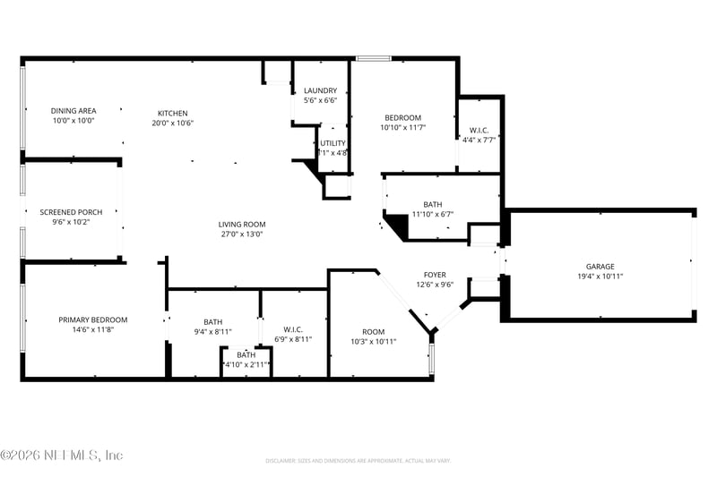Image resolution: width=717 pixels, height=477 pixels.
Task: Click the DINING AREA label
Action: [x=73, y=111]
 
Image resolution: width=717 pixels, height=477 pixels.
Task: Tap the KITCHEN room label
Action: [x=173, y=113]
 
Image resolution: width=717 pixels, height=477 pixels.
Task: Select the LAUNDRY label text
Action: [x=320, y=90]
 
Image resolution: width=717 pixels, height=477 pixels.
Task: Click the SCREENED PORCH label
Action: [x=71, y=212]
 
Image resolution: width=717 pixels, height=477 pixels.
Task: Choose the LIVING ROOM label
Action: [x=242, y=225]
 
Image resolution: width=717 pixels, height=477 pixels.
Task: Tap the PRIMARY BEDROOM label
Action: [x=92, y=319]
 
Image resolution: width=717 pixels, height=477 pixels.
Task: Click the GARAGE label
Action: [x=600, y=266]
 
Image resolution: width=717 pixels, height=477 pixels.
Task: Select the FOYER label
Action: [x=435, y=275]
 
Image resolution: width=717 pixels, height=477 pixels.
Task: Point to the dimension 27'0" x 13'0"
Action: [x=242, y=234]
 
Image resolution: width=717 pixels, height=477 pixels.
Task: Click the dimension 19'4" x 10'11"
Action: [x=600, y=276]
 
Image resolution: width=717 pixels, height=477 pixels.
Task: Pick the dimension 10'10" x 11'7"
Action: [x=402, y=128]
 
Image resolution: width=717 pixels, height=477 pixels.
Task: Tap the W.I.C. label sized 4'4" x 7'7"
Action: [x=479, y=129]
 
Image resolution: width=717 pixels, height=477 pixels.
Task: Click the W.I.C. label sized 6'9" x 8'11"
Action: [x=293, y=329]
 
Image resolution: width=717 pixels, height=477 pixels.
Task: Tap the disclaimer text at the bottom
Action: [x=358, y=461]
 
